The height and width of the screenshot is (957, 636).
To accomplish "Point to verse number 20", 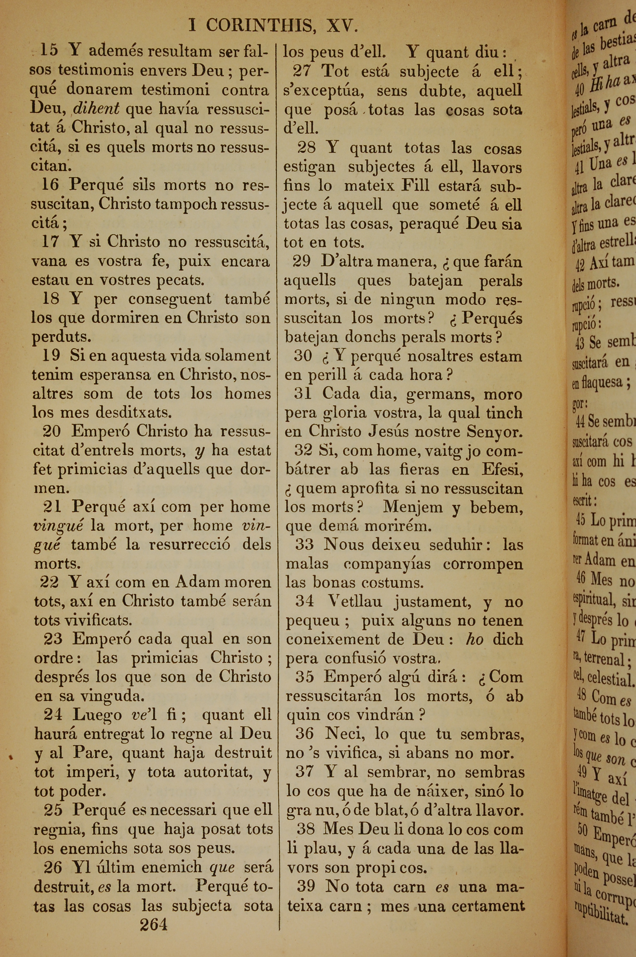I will click(52, 431).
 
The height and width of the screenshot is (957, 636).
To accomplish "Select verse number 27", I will click(302, 71).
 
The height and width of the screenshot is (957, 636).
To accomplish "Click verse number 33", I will click(304, 544).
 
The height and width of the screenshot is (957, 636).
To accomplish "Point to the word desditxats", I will click(134, 412).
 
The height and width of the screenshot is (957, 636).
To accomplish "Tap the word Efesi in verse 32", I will click(502, 469).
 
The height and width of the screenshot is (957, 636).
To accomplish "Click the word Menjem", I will click(412, 507).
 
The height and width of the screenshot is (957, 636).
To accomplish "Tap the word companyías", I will click(387, 563).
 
